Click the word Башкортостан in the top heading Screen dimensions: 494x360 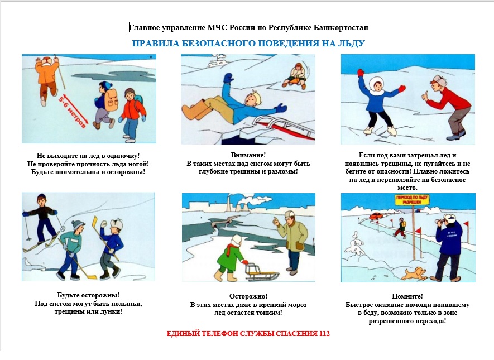[340, 28]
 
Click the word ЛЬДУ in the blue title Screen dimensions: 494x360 [351, 43]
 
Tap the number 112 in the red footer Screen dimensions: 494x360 [324, 334]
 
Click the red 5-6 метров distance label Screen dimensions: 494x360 [72, 111]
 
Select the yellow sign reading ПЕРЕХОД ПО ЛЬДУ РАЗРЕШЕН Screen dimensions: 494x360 [412, 200]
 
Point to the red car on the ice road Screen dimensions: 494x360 [376, 216]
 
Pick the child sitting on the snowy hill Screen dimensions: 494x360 [295, 75]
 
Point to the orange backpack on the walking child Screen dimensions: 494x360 [111, 100]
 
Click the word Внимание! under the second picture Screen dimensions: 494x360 [248, 155]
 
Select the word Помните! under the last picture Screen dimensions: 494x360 [407, 296]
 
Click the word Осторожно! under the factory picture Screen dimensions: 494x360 [248, 296]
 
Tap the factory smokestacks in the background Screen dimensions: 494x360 [234, 204]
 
